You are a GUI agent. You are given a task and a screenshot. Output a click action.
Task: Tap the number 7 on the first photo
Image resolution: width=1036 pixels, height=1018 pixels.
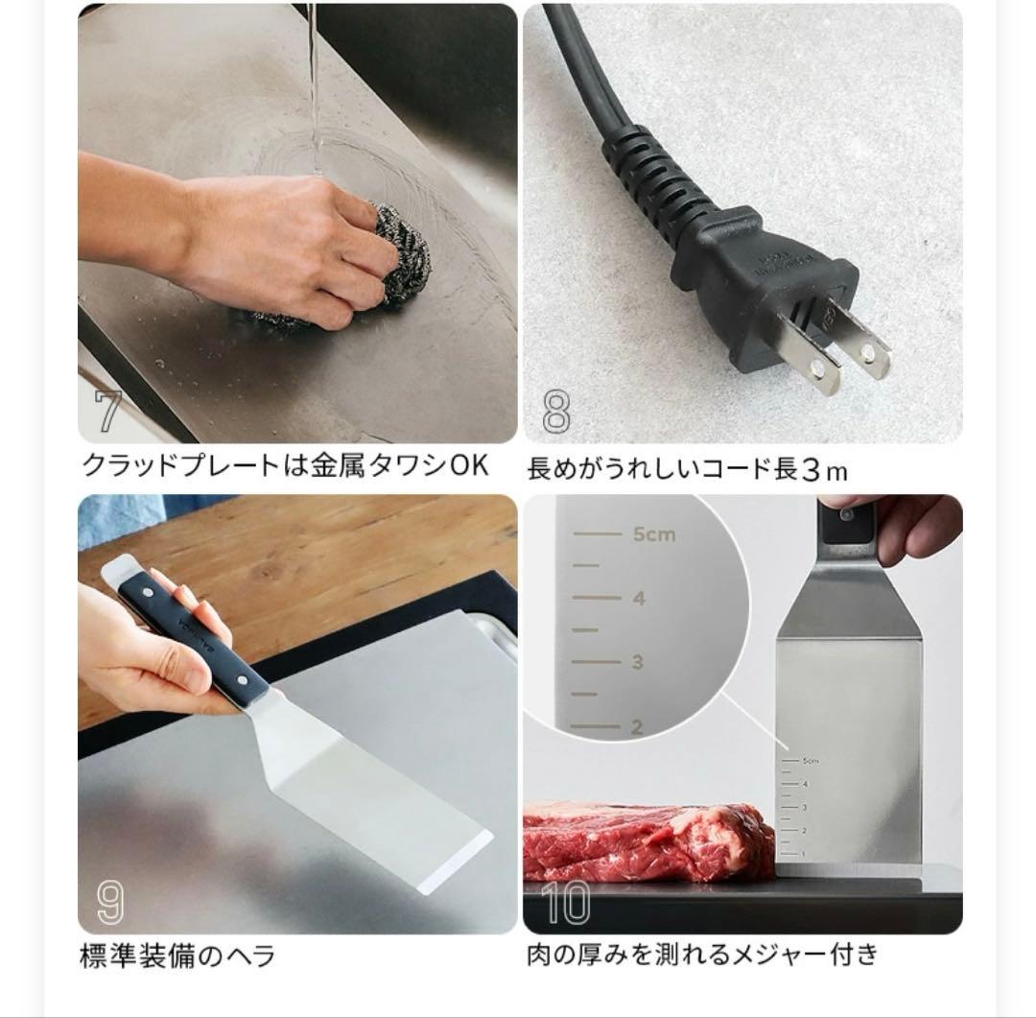point(107,412)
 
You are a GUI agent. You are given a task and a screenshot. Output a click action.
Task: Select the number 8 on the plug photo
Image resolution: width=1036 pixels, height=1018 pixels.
point(555,412)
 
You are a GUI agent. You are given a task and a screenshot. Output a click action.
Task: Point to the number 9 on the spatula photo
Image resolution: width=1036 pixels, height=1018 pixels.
point(110,901)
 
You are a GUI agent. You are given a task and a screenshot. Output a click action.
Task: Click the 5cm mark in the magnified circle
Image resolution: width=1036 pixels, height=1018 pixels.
point(653,534)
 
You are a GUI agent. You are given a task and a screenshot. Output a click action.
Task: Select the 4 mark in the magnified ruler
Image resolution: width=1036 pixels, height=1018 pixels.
point(638,599)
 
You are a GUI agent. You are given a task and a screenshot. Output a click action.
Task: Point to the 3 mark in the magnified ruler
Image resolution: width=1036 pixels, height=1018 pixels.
point(637,662)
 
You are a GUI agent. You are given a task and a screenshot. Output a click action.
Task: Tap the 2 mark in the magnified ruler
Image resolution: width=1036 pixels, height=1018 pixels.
point(637,727)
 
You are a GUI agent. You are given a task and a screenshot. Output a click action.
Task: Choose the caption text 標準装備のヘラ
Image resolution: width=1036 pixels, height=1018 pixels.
point(177,957)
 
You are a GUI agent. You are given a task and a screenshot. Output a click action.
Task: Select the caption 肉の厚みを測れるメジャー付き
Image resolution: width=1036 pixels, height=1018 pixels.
point(702,956)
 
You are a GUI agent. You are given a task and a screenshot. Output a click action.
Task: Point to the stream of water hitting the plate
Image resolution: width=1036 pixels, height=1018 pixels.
point(312,86)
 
